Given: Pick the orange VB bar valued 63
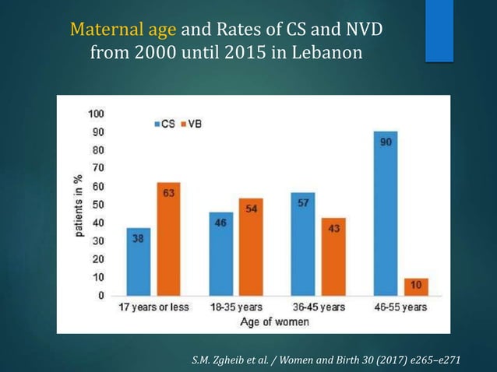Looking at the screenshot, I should point(167,238).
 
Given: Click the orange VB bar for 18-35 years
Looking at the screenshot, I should point(250,247).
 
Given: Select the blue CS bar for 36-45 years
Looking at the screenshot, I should point(302,244).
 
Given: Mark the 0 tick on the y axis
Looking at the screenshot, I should point(101,296).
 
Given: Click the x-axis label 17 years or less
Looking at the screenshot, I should point(153,307).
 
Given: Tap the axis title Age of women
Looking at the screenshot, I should point(273,321).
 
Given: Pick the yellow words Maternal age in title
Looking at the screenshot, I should point(124,30).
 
